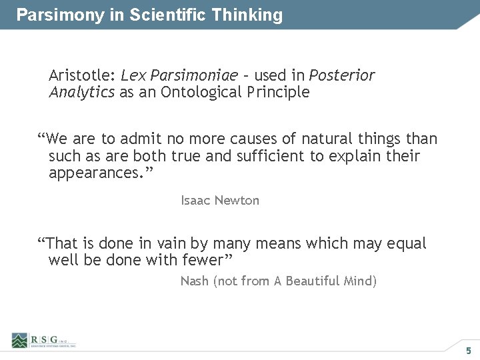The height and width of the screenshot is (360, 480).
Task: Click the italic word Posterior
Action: click(341, 75)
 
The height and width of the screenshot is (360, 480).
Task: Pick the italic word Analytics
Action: click(81, 92)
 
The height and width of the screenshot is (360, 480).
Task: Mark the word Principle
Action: click(280, 92)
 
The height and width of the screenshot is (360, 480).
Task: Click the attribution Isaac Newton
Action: click(220, 200)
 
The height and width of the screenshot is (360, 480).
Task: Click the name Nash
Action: click(195, 281)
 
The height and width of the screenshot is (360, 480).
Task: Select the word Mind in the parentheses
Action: click(361, 281)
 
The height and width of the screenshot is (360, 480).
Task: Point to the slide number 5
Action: click(468, 351)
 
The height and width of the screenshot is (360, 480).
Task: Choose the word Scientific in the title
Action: click(167, 15)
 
